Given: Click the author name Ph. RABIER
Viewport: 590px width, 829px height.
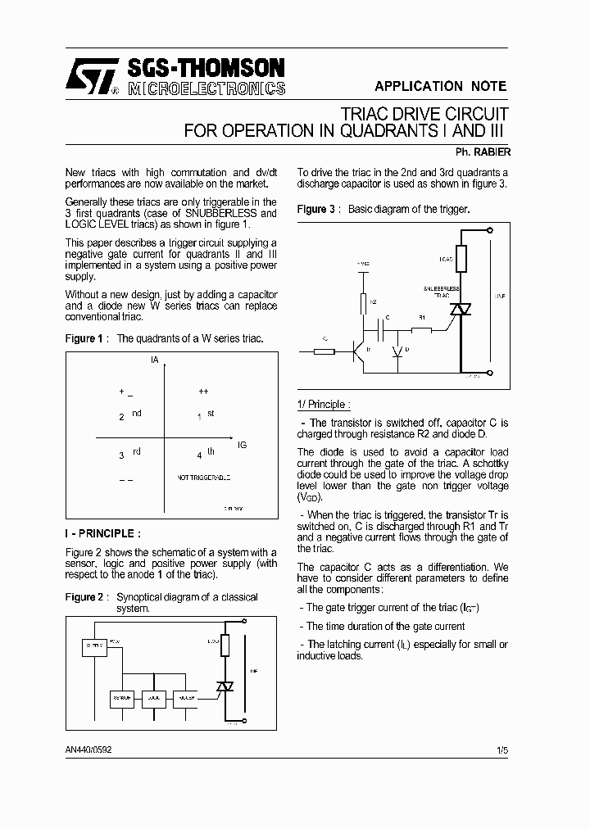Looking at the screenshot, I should [x=483, y=152].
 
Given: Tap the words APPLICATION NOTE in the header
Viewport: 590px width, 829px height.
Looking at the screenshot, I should [x=440, y=86].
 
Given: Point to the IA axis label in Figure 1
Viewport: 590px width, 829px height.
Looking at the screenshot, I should [x=154, y=360].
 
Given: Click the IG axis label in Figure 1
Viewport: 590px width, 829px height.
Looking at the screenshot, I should [x=242, y=445].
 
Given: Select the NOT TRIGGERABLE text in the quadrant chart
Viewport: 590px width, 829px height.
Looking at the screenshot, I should [x=204, y=477].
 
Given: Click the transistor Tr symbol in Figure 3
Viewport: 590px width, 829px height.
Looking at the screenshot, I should [x=358, y=351].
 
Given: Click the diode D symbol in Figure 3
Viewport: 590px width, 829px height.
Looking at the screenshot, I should [x=397, y=351].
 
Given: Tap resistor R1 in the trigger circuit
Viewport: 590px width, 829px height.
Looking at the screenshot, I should [x=421, y=330].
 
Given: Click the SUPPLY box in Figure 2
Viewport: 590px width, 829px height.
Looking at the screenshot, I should [x=94, y=646].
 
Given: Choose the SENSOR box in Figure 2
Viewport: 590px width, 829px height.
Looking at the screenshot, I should [x=122, y=698].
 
